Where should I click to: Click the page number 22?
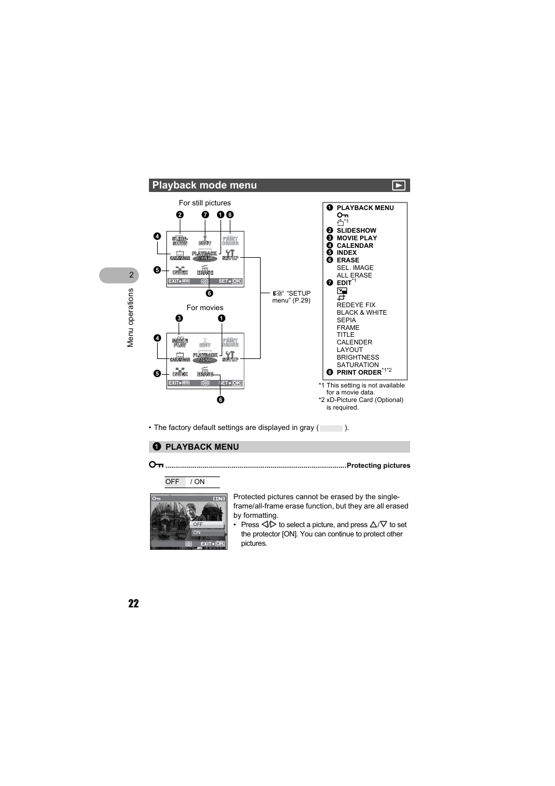click(x=134, y=603)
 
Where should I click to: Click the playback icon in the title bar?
click(x=399, y=186)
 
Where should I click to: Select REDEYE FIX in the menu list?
click(x=356, y=305)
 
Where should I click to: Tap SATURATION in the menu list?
click(x=357, y=365)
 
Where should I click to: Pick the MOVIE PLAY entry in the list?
click(x=357, y=238)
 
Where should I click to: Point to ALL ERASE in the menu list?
click(x=354, y=275)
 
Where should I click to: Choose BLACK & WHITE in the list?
click(x=361, y=312)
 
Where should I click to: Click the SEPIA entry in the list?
click(x=346, y=320)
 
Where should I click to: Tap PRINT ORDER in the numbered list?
click(x=359, y=372)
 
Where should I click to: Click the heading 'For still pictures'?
click(x=205, y=203)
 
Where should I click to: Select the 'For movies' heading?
click(x=205, y=308)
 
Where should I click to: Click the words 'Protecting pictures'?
click(x=378, y=465)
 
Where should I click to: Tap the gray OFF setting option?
click(x=173, y=482)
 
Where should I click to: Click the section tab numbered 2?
click(x=131, y=275)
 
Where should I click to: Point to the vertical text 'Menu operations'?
click(x=130, y=318)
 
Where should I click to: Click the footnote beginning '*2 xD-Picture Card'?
click(x=361, y=400)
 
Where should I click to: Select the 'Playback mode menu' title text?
click(x=204, y=186)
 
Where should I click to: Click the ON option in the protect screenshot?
click(x=197, y=532)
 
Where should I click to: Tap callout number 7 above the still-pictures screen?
click(x=205, y=215)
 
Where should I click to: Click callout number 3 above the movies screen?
click(x=179, y=318)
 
